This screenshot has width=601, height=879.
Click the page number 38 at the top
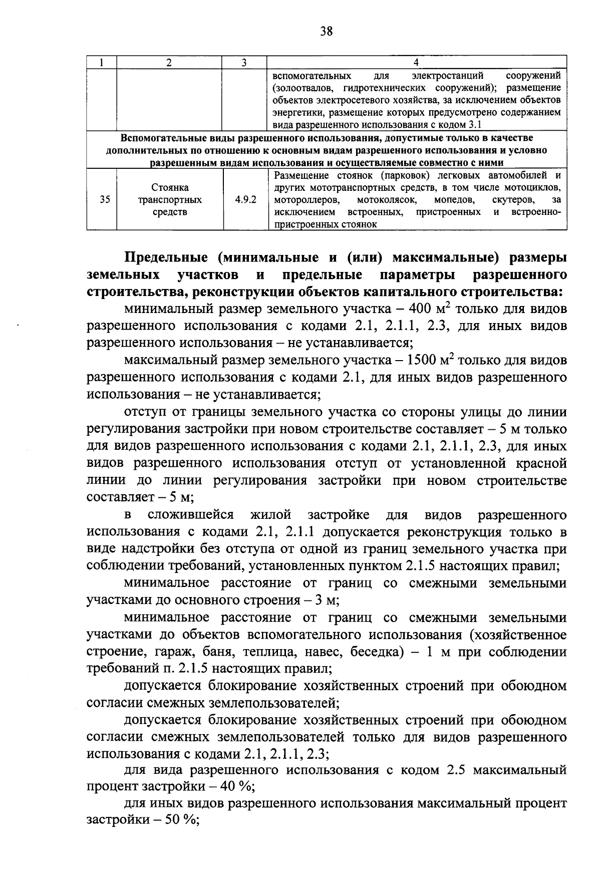pyautogui.click(x=326, y=32)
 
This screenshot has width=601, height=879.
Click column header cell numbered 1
pyautogui.click(x=102, y=63)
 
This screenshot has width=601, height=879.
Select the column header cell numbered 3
pyautogui.click(x=244, y=63)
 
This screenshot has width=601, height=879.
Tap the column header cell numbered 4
pyautogui.click(x=416, y=63)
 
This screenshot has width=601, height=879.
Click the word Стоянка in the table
pyautogui.click(x=170, y=188)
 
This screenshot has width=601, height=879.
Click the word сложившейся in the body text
pyautogui.click(x=191, y=515)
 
